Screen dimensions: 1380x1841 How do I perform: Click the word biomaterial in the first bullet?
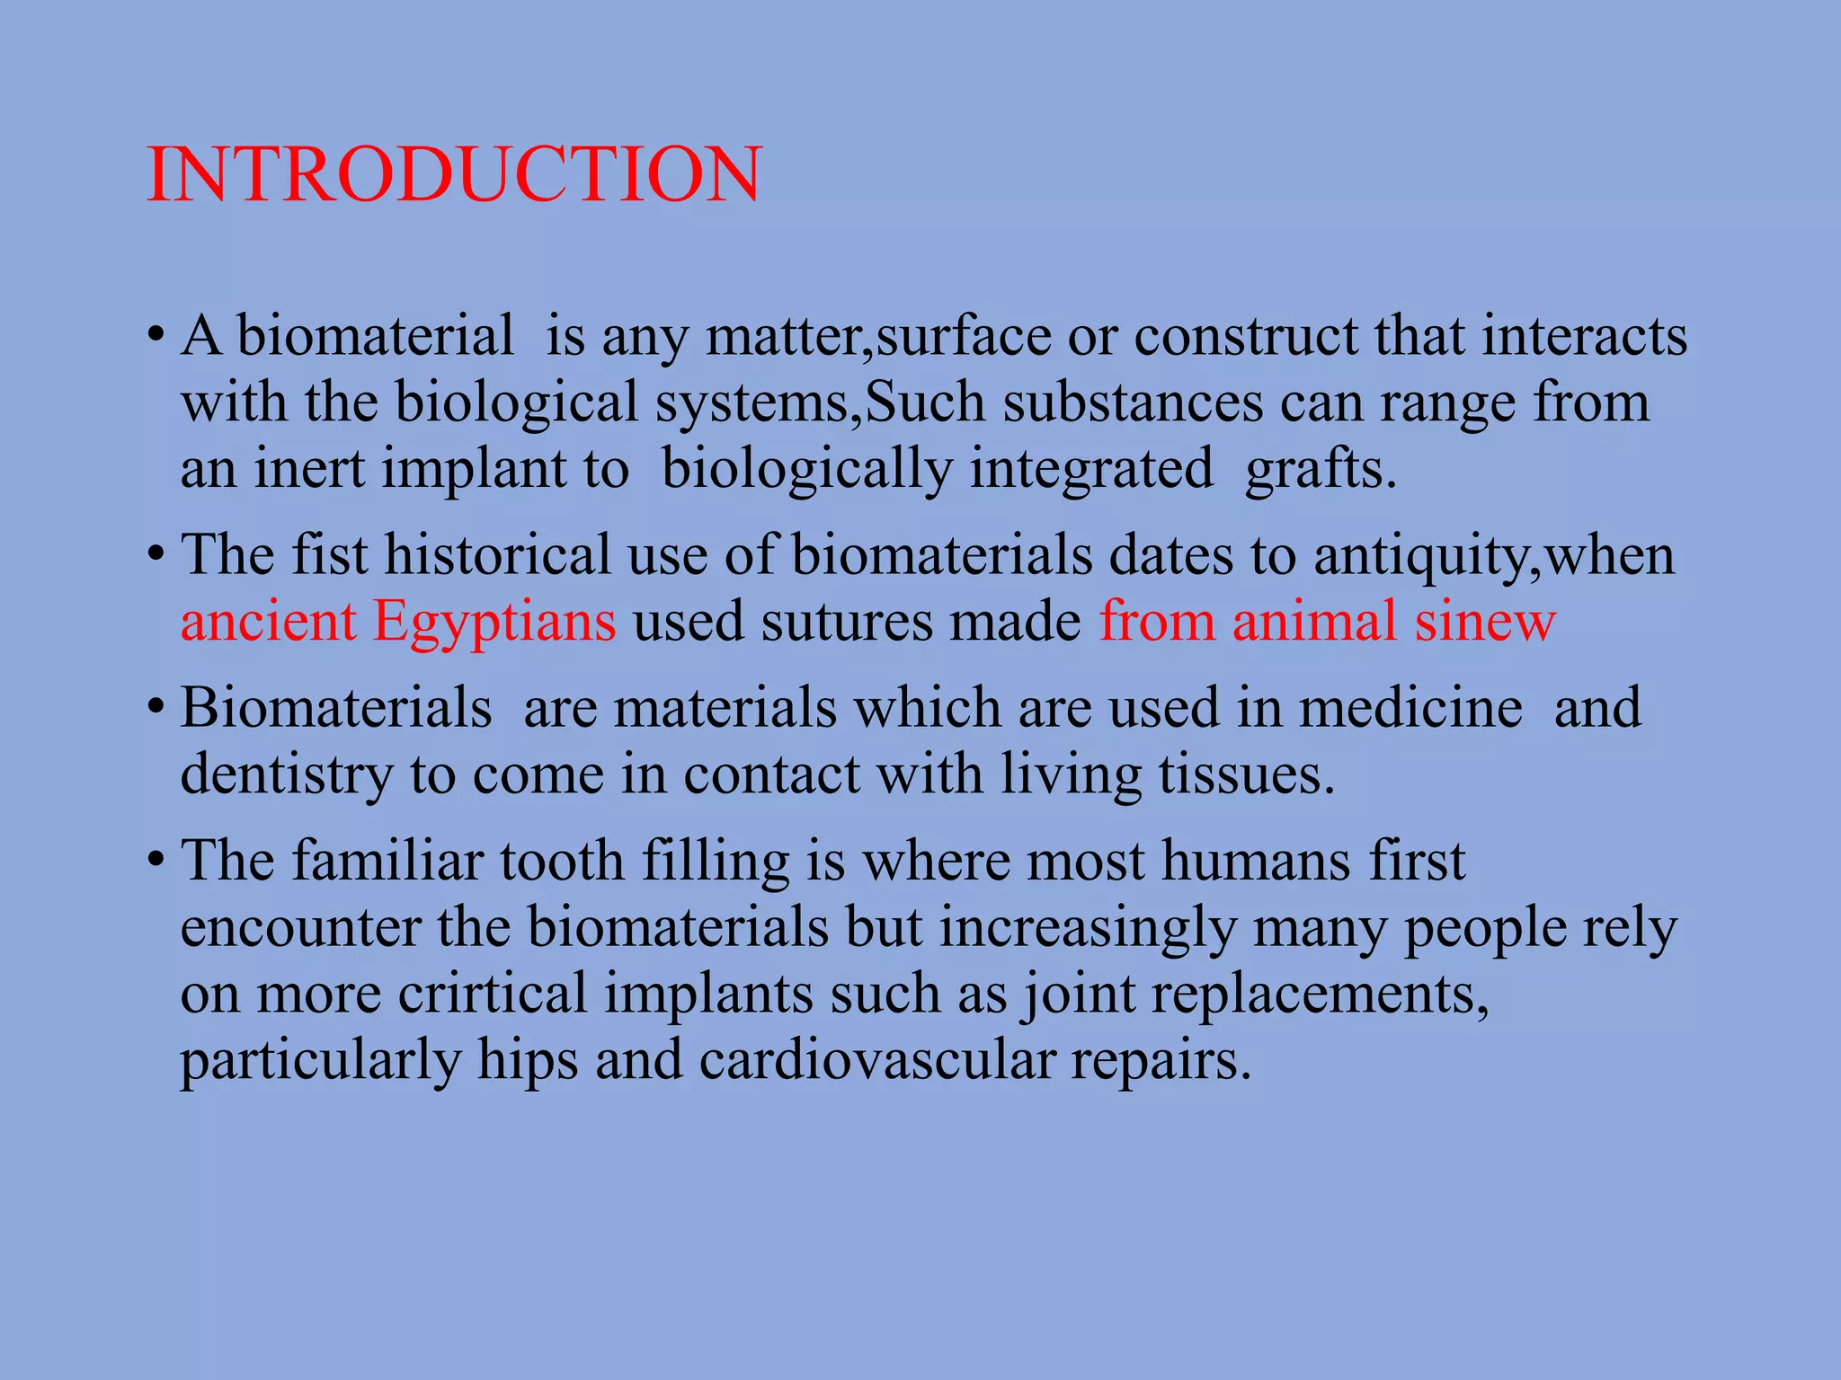pos(375,336)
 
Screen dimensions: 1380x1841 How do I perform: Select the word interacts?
pos(1584,336)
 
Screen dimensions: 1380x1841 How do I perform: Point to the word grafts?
pos(1321,469)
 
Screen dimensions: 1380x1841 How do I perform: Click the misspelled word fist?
pos(330,554)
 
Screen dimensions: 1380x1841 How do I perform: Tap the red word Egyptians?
pos(494,622)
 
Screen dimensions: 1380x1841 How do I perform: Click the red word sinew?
pos(1484,622)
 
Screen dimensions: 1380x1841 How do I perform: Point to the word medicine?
pos(1410,707)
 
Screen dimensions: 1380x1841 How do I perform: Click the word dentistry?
pos(287,774)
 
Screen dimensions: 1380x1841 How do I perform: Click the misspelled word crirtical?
pos(493,994)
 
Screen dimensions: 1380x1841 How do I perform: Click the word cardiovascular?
pos(876,1060)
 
